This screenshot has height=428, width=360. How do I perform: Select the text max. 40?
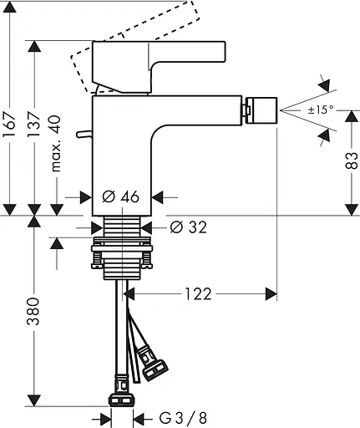[x=58, y=145]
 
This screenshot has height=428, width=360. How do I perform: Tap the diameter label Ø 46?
[x=120, y=197]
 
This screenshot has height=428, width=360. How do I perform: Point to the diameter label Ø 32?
[x=187, y=227]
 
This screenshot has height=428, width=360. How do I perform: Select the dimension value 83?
[x=350, y=155]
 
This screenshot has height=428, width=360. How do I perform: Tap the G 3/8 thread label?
[x=173, y=416]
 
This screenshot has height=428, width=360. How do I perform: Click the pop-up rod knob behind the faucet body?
[x=82, y=133]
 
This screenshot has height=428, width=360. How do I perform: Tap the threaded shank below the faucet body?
[x=121, y=227]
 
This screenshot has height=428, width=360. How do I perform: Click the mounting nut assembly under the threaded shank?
[x=122, y=255]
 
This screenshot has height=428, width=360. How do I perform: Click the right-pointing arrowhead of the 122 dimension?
[x=271, y=293]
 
